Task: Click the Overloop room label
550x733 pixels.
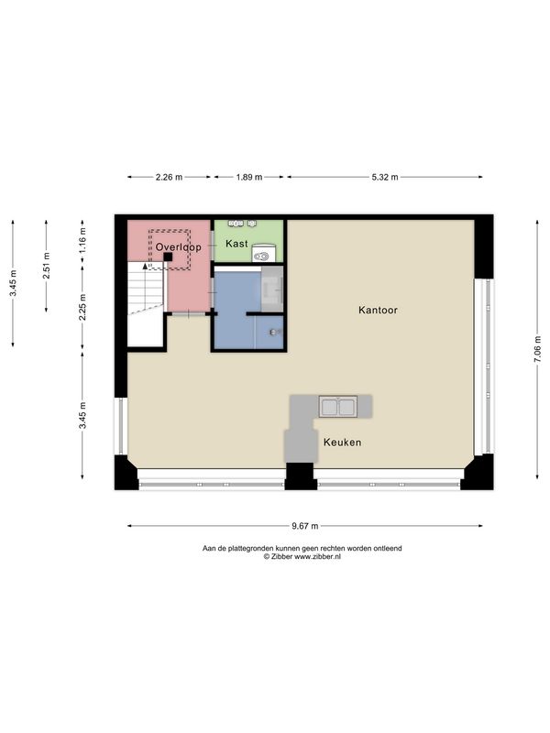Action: point(178,246)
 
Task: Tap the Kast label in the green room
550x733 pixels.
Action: point(236,244)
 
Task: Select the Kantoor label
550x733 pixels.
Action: point(378,310)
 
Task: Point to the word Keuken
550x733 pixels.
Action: point(342,443)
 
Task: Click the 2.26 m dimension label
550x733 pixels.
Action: point(169,177)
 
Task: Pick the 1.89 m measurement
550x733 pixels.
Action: point(248,177)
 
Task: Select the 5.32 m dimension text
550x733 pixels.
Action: point(385,177)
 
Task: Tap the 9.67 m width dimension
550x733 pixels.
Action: point(305,526)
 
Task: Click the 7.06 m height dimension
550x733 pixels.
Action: point(537,349)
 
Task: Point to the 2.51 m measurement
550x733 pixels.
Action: point(47,266)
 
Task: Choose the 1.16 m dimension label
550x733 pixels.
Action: point(82,241)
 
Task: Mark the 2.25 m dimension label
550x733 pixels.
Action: point(82,307)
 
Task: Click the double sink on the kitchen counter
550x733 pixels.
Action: point(338,407)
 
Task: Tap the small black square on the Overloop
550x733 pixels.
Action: point(168,257)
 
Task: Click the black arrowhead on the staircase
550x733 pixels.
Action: point(145,266)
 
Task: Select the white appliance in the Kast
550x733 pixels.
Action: point(264,253)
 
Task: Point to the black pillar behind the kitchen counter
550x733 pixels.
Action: point(300,476)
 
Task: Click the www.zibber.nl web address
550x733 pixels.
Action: point(317,557)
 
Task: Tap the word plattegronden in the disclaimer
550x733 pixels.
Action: point(250,548)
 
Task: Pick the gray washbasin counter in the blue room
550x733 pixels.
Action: point(272,290)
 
